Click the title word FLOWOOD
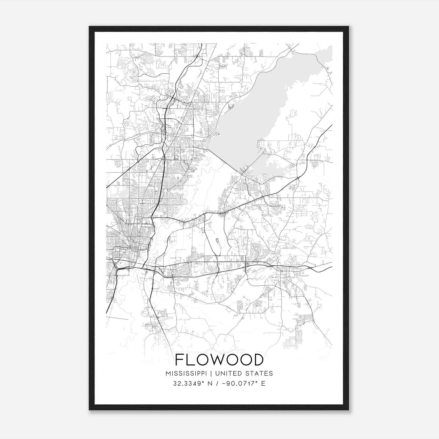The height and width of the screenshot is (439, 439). [219, 360]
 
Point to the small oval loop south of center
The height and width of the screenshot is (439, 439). [217, 241]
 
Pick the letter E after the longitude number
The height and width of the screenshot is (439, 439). [263, 384]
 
